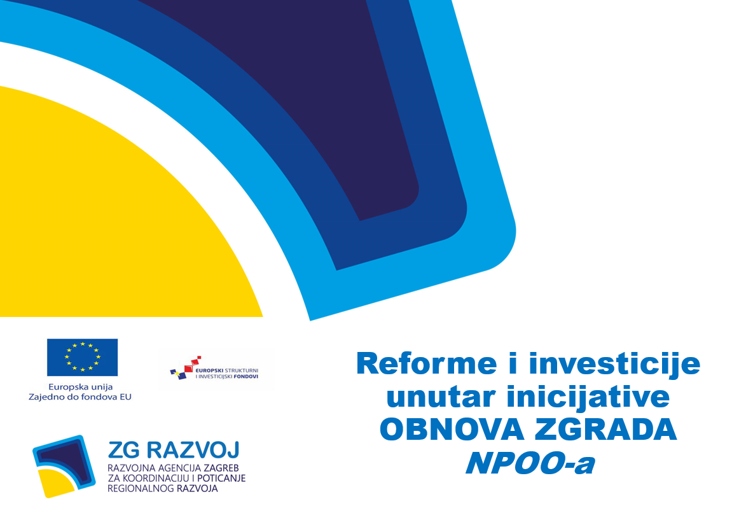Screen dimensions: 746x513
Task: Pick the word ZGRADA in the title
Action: pos(605,429)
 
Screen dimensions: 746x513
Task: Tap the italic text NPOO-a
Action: pos(530,462)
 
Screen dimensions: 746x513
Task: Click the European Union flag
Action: pos(82,357)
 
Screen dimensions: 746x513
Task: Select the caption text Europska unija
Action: pos(80,387)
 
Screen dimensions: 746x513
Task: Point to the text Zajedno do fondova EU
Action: pos(80,397)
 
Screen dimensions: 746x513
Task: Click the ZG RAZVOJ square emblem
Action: pos(64,467)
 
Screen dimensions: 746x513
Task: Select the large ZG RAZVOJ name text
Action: pos(174,450)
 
